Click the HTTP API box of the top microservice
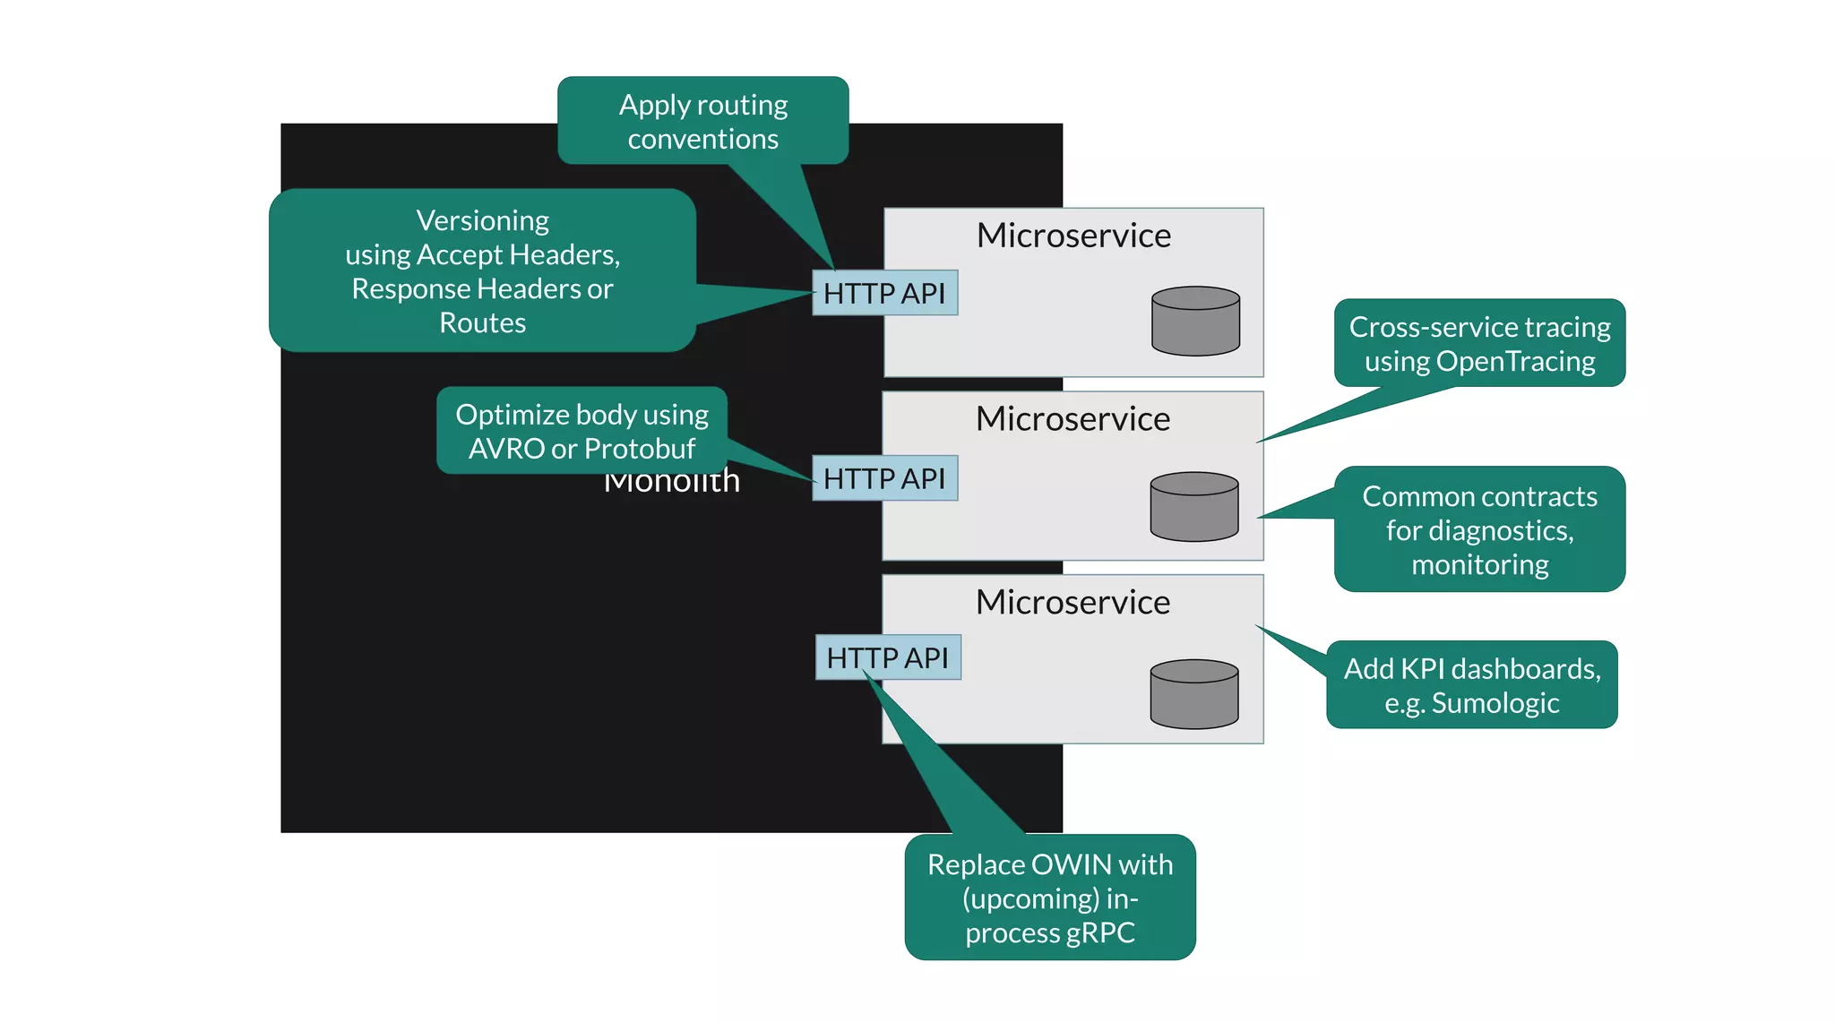click(884, 293)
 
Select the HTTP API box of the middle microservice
click(884, 478)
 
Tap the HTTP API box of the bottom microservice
click(887, 657)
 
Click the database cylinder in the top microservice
click(1195, 321)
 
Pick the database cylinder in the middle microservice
click(1193, 507)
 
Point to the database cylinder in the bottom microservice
click(1193, 694)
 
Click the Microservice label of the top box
click(1073, 236)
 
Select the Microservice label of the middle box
click(1073, 419)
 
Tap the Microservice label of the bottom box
click(1073, 603)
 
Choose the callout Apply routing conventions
click(702, 121)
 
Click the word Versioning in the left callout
click(483, 220)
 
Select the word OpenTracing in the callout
click(1515, 361)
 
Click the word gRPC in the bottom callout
click(1100, 932)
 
